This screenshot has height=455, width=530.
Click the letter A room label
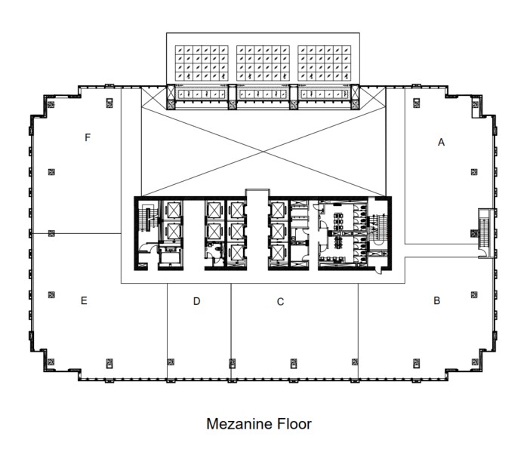[442, 142]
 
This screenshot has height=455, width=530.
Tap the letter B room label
[436, 300]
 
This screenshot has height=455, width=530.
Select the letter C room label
[280, 302]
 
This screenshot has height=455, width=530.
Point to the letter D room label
[196, 301]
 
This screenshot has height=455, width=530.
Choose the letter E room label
[84, 300]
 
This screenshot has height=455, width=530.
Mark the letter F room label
[88, 137]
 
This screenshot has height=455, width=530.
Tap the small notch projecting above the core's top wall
[256, 193]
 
